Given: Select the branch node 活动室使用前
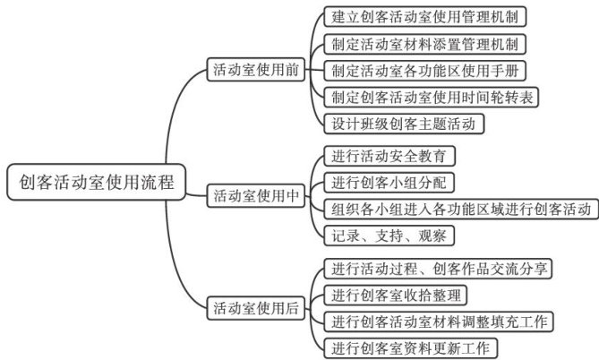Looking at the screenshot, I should coord(255,68).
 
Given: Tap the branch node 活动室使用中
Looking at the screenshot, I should coord(255,193).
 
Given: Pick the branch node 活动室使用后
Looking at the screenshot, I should coord(255,309).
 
